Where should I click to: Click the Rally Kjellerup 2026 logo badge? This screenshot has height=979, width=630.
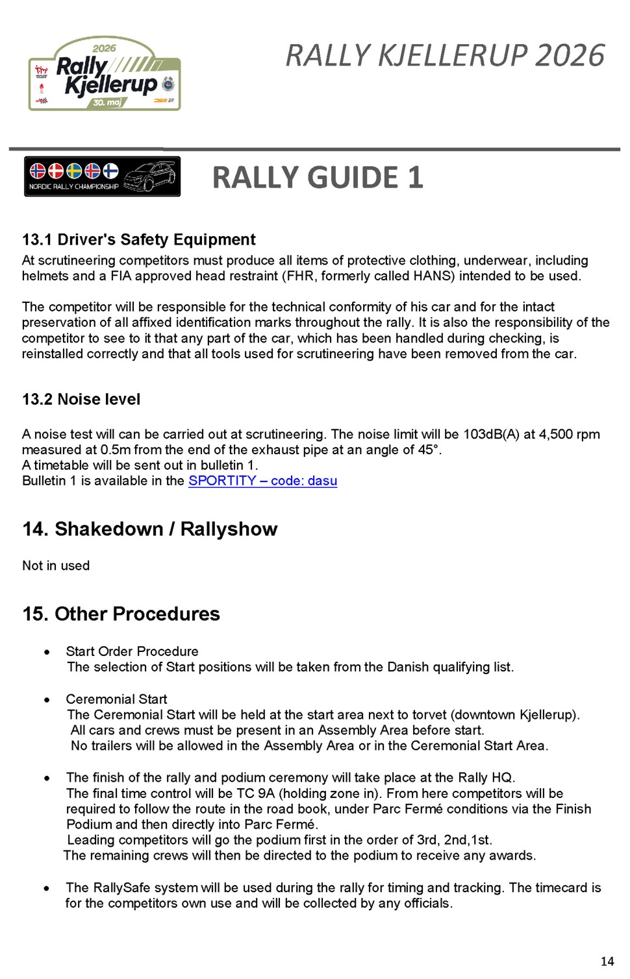105,73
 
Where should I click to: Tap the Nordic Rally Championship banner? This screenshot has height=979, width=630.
102,176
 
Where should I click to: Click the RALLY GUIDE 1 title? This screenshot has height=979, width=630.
318,178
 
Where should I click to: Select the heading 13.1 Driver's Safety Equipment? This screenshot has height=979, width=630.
138,239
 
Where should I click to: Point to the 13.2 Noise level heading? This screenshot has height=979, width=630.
81,399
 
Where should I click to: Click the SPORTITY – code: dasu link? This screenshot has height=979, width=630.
262,481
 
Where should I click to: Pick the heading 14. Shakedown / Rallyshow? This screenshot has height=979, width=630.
149,529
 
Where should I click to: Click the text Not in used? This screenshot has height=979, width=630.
56,565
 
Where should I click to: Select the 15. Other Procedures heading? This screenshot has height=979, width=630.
121,614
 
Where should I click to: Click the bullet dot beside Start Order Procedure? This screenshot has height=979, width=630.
47,652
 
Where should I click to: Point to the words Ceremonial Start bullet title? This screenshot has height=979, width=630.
116,699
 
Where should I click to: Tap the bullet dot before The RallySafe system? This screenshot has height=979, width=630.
47,888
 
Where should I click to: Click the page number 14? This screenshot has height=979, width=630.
607,961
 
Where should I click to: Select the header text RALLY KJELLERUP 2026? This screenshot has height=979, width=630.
445,56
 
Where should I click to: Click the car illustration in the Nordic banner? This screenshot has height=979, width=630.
151,176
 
